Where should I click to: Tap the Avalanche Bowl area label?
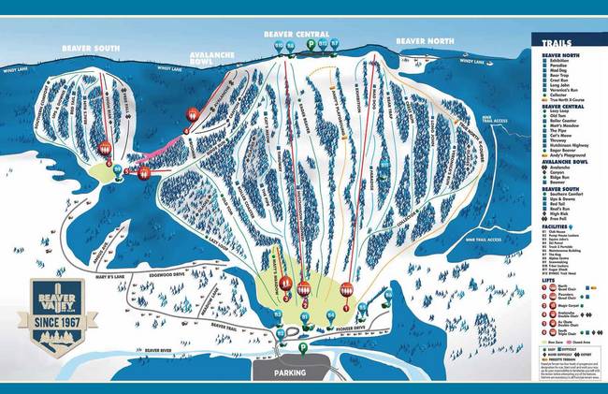coord(215,60)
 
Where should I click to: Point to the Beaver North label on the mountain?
coord(424,42)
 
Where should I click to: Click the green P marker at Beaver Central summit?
coord(324,29)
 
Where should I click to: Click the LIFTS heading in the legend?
coord(548,279)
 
